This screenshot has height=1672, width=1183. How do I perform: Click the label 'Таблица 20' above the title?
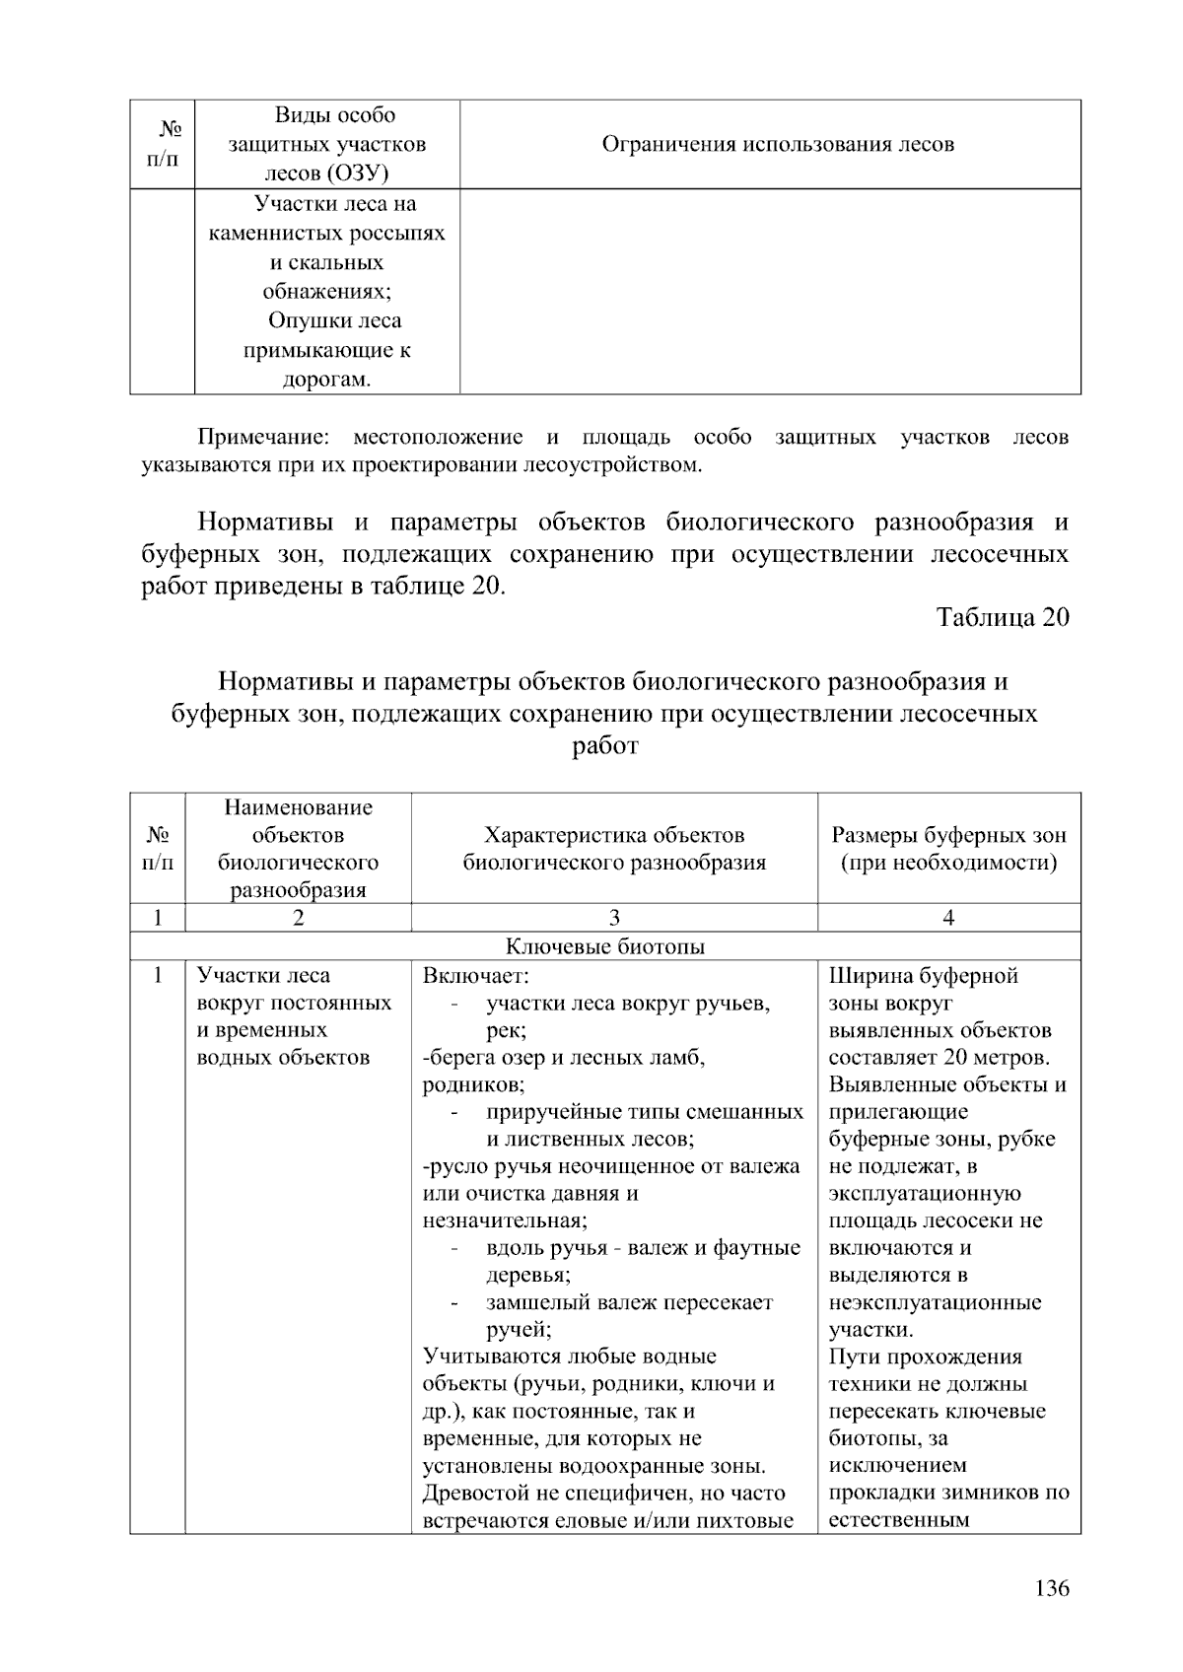(x=1002, y=618)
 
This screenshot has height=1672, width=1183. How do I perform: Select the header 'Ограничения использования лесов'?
(x=778, y=145)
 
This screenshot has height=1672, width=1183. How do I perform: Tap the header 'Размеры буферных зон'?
(x=948, y=835)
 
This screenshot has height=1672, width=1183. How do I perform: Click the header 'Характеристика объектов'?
(x=614, y=835)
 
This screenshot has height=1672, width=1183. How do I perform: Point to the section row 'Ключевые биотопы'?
(x=605, y=946)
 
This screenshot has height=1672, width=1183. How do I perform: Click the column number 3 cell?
(x=614, y=918)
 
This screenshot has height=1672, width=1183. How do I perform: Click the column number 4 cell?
(x=948, y=918)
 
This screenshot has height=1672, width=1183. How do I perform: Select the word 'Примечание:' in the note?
(x=262, y=437)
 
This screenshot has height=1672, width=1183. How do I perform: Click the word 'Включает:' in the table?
(x=476, y=976)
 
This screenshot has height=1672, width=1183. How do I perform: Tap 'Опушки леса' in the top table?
(x=334, y=321)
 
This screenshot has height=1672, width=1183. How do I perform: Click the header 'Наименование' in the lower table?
(x=299, y=807)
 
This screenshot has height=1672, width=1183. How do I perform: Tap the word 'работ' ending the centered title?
(x=604, y=746)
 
